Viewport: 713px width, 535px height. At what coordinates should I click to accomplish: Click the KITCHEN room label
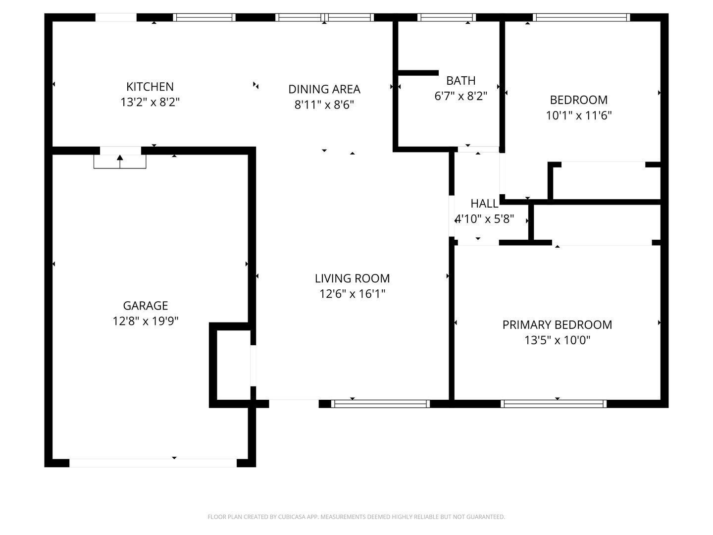[x=150, y=87]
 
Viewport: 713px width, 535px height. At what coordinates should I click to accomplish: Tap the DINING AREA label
[x=324, y=89]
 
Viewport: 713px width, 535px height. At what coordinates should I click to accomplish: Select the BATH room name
[x=460, y=80]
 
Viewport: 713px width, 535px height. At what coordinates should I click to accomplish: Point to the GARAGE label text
[x=145, y=306]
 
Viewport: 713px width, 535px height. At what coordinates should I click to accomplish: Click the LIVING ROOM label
[x=352, y=278]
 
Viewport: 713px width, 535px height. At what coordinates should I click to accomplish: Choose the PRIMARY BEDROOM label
[x=557, y=324]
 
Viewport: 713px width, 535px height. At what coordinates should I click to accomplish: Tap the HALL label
[x=484, y=203]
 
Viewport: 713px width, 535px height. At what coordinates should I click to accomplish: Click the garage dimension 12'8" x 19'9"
[x=145, y=321]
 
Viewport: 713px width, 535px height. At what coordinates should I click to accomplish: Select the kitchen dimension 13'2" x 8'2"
[x=150, y=103]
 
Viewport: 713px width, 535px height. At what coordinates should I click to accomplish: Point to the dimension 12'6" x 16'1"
[x=352, y=294]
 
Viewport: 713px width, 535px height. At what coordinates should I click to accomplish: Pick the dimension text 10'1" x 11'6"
[x=578, y=115]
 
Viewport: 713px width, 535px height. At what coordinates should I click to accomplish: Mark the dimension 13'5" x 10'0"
[x=557, y=340]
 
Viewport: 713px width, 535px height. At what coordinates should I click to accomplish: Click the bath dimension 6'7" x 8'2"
[x=460, y=96]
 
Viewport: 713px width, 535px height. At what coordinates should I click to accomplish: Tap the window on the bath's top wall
[x=446, y=17]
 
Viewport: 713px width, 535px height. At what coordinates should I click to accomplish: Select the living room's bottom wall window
[x=380, y=404]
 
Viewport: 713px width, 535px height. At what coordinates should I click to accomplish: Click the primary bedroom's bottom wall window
[x=554, y=404]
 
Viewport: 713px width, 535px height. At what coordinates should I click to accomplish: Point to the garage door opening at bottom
[x=153, y=463]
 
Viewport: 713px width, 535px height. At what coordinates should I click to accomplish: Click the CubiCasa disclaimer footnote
[x=356, y=517]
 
